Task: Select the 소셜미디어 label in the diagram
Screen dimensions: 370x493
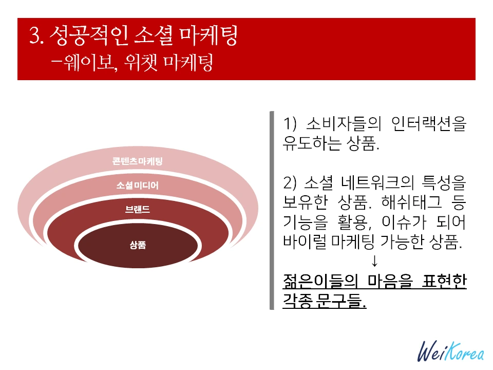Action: coord(138,186)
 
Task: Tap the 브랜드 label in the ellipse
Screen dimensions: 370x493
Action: coord(138,210)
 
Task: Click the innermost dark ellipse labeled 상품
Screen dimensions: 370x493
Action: coord(138,245)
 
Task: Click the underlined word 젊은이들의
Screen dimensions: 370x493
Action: coord(321,281)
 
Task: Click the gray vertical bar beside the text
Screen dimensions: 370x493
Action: coord(272,211)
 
